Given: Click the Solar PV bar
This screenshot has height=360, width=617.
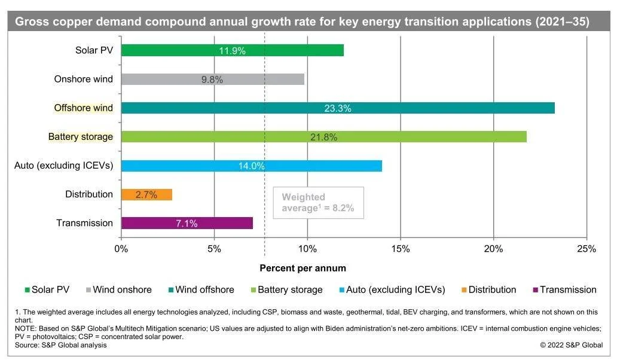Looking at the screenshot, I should coord(232,50).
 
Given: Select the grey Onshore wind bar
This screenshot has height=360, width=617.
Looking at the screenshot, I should coord(212,80).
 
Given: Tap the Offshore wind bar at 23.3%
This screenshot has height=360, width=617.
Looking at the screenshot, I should coord(337,108).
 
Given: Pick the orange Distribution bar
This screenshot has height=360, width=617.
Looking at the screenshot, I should coord(146,194).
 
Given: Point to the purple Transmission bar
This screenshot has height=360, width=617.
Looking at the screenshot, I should coord(187,223).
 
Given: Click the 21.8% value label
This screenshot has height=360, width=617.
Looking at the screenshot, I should coord(323,137).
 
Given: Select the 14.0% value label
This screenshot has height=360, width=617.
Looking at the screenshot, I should coord(251,166).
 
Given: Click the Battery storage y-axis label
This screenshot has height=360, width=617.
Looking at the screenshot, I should coord(80,137).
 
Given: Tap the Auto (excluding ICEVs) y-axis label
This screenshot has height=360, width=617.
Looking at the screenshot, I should coord(63,166).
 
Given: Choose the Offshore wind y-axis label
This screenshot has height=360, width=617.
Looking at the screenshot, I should coord(83,108).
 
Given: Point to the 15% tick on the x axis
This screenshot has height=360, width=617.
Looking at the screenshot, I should coord(400,249).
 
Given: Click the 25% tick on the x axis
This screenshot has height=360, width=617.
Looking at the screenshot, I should coord(586,249).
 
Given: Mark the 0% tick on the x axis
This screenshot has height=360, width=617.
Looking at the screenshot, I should coord(121,249).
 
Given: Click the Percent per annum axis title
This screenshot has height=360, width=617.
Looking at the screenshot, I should coord(303,269).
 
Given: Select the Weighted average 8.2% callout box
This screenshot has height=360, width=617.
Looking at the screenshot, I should coord(318,202).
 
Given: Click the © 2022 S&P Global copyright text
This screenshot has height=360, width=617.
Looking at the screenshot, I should coord(572,345).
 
